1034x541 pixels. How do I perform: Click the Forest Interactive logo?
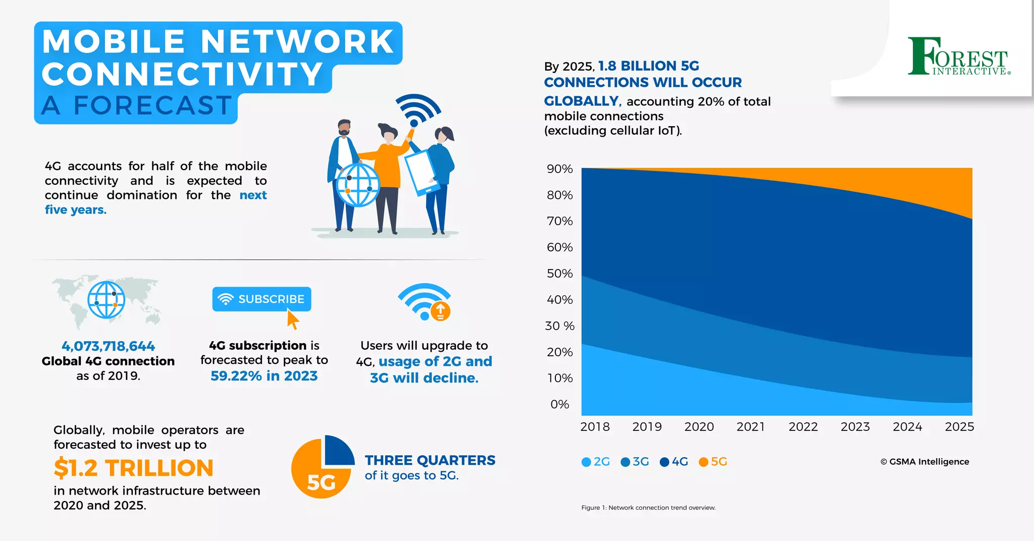[x=958, y=57]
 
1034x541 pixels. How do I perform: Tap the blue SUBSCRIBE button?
[x=262, y=299]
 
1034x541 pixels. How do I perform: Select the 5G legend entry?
[x=713, y=462]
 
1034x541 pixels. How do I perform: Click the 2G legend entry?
[x=596, y=462]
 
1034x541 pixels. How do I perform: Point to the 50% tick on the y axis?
[x=560, y=274]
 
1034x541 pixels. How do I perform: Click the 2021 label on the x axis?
[x=751, y=427]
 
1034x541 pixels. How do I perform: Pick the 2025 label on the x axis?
[x=959, y=427]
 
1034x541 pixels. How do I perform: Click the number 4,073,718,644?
[x=108, y=346]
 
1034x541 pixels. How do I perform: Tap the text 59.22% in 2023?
[x=264, y=376]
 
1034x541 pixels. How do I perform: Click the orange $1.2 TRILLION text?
[x=134, y=468]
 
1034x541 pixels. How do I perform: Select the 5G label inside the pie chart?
[x=321, y=483]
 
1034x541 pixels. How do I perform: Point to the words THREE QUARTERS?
[x=430, y=460]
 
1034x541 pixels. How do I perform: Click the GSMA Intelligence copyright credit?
[x=924, y=462]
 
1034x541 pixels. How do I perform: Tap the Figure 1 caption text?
[x=648, y=508]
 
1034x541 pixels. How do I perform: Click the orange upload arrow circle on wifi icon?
[x=440, y=311]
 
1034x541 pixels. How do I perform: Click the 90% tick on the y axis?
[x=560, y=169]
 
